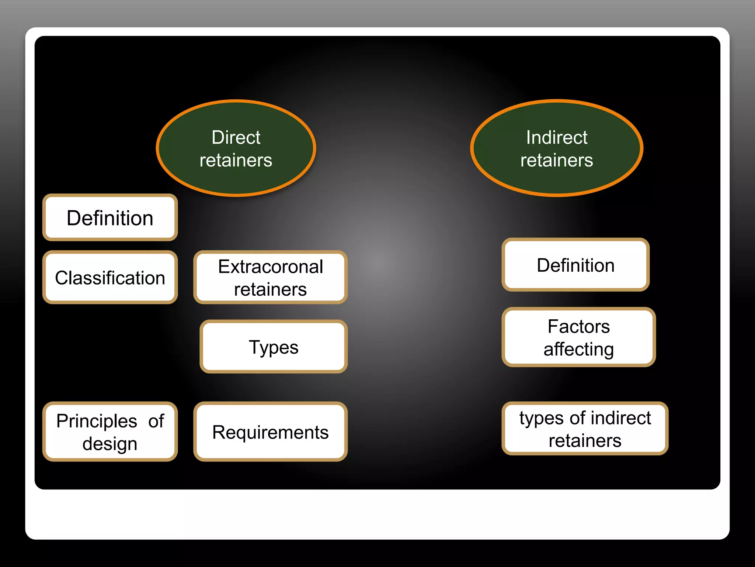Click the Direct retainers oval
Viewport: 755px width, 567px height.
pyautogui.click(x=236, y=148)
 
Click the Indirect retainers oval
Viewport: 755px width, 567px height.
pyautogui.click(x=557, y=148)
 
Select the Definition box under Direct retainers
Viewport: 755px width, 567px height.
pyautogui.click(x=110, y=218)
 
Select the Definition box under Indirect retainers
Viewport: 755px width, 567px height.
pyautogui.click(x=575, y=265)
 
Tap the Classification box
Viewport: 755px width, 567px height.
pyautogui.click(x=110, y=278)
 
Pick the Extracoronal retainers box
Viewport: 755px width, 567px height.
pyautogui.click(x=270, y=278)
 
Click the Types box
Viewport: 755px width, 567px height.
pyautogui.click(x=274, y=347)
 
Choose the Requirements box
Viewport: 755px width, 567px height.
pyautogui.click(x=270, y=432)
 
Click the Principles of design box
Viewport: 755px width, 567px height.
pyautogui.click(x=110, y=432)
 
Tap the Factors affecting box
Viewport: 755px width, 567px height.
pyautogui.click(x=578, y=337)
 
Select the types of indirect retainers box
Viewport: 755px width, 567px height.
pyautogui.click(x=585, y=429)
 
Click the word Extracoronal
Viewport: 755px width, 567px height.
pyautogui.click(x=270, y=267)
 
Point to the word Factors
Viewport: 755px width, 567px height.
pyautogui.click(x=578, y=326)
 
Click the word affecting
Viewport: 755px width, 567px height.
pyautogui.click(x=578, y=349)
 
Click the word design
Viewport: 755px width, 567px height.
pyautogui.click(x=110, y=444)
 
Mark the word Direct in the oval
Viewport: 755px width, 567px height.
pyautogui.click(x=236, y=137)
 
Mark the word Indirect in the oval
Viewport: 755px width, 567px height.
pyautogui.click(x=557, y=137)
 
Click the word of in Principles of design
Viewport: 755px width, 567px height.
pyautogui.click(x=156, y=421)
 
